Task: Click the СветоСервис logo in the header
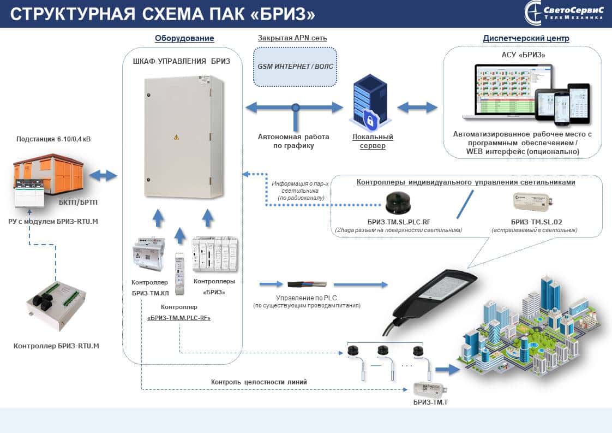(x=564, y=13)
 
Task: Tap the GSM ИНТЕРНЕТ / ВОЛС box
(x=295, y=67)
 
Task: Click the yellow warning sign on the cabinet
(x=176, y=137)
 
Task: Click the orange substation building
(x=49, y=175)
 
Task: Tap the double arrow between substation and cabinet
(x=103, y=175)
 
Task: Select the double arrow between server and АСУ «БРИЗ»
(x=417, y=108)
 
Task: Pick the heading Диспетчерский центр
(x=526, y=38)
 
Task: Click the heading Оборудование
(x=184, y=38)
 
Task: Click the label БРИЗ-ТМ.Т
(x=431, y=402)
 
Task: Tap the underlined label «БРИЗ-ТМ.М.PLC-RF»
(x=179, y=317)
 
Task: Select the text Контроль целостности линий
(x=259, y=382)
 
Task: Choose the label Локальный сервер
(x=373, y=141)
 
